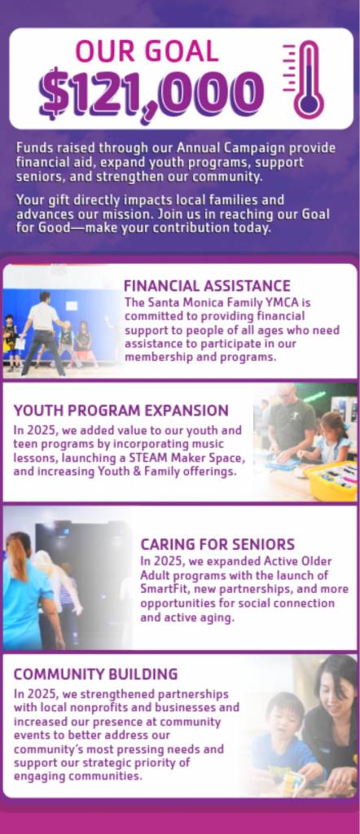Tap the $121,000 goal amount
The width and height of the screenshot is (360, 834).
(151, 94)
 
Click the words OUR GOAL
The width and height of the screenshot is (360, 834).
(147, 51)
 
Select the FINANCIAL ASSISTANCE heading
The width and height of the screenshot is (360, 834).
(208, 286)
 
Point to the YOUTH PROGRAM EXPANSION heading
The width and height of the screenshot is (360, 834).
(121, 410)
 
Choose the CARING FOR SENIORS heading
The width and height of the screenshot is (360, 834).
(217, 544)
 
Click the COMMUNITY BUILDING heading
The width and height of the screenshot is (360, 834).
(96, 674)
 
